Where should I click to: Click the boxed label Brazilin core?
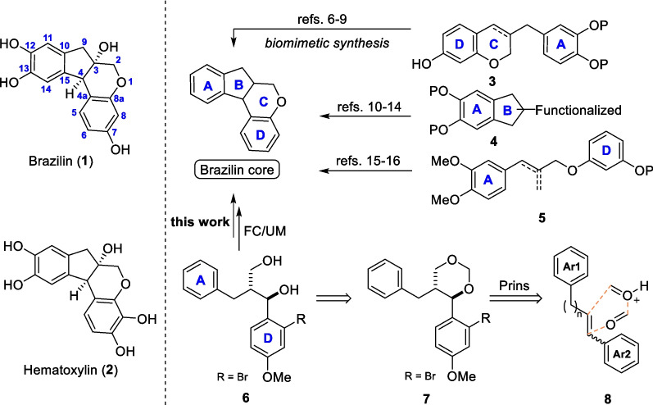click(237, 170)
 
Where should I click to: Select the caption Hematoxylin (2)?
click(70, 370)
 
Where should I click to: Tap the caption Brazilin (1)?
click(61, 161)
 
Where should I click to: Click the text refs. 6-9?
click(321, 19)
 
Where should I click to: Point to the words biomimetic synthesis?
click(328, 43)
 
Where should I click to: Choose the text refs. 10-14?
click(369, 107)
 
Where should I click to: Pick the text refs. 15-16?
click(368, 161)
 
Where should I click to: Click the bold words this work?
click(200, 221)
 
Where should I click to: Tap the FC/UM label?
click(265, 231)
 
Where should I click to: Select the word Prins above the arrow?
click(515, 285)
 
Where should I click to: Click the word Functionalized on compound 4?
click(578, 110)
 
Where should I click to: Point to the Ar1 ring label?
click(571, 267)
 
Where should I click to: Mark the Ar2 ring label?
click(621, 354)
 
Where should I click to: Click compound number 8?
click(608, 398)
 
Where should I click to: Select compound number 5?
click(542, 217)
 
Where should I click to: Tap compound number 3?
click(492, 81)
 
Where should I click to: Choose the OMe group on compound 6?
click(277, 377)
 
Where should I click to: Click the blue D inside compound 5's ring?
click(606, 150)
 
